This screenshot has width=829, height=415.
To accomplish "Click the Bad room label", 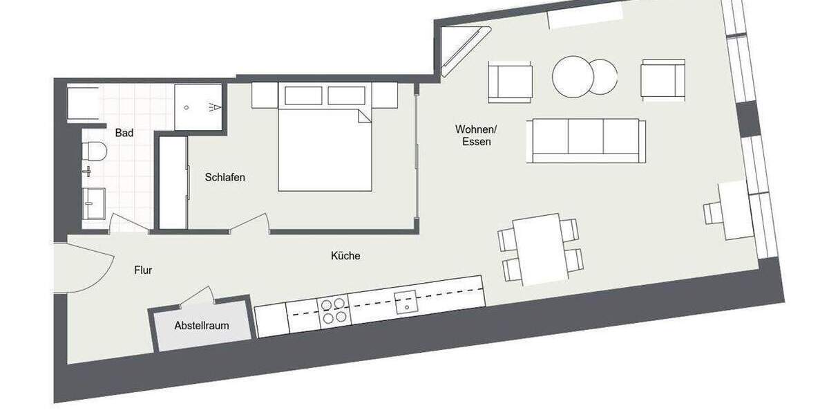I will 124,132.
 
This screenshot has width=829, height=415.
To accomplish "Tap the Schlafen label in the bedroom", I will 225,177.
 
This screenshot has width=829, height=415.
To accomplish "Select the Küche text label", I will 345,256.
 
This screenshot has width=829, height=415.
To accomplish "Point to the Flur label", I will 143,270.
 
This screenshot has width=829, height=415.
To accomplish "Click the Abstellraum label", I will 202,325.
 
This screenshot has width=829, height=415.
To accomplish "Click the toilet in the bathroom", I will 93,150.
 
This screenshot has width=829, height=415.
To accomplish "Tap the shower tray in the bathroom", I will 198,107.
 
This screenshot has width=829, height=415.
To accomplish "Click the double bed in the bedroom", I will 325,149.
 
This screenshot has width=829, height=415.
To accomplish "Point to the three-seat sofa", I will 587,140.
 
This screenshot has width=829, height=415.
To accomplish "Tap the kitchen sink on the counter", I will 406,300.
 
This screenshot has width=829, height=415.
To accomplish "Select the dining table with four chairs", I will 540,249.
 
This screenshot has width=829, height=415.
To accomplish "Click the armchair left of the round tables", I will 511,81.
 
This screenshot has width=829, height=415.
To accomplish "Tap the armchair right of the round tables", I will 663,80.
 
